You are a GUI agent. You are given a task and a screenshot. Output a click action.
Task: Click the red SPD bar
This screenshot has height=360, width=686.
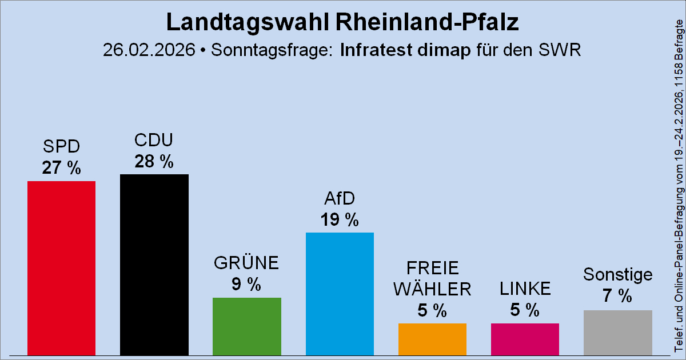point(62,268)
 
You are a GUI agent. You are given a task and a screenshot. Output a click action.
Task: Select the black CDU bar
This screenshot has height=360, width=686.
point(154,265)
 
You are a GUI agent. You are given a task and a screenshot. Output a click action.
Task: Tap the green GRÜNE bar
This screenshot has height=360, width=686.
point(247,326)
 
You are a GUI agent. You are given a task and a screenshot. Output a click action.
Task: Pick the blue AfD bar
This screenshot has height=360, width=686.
point(340,294)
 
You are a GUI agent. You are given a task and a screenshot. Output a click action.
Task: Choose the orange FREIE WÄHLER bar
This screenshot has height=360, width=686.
point(432,339)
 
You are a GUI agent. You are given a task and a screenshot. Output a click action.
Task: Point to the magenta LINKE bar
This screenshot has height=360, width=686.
point(525,339)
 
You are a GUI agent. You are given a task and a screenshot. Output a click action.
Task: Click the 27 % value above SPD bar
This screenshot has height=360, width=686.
point(62,169)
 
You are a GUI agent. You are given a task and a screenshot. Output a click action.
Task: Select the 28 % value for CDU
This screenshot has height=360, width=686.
point(154,162)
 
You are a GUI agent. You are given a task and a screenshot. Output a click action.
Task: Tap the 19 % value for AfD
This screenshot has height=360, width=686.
point(340,220)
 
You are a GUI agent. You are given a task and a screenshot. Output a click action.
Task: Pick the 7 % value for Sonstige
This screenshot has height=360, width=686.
point(618,296)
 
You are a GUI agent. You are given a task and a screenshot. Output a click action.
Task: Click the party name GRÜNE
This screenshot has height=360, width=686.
point(246,263)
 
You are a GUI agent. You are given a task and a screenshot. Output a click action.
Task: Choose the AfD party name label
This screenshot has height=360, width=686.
point(340,198)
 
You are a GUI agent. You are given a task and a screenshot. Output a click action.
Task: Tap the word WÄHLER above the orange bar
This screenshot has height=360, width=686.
point(432,289)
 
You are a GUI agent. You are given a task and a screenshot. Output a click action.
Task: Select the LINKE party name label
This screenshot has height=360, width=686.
point(525,289)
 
